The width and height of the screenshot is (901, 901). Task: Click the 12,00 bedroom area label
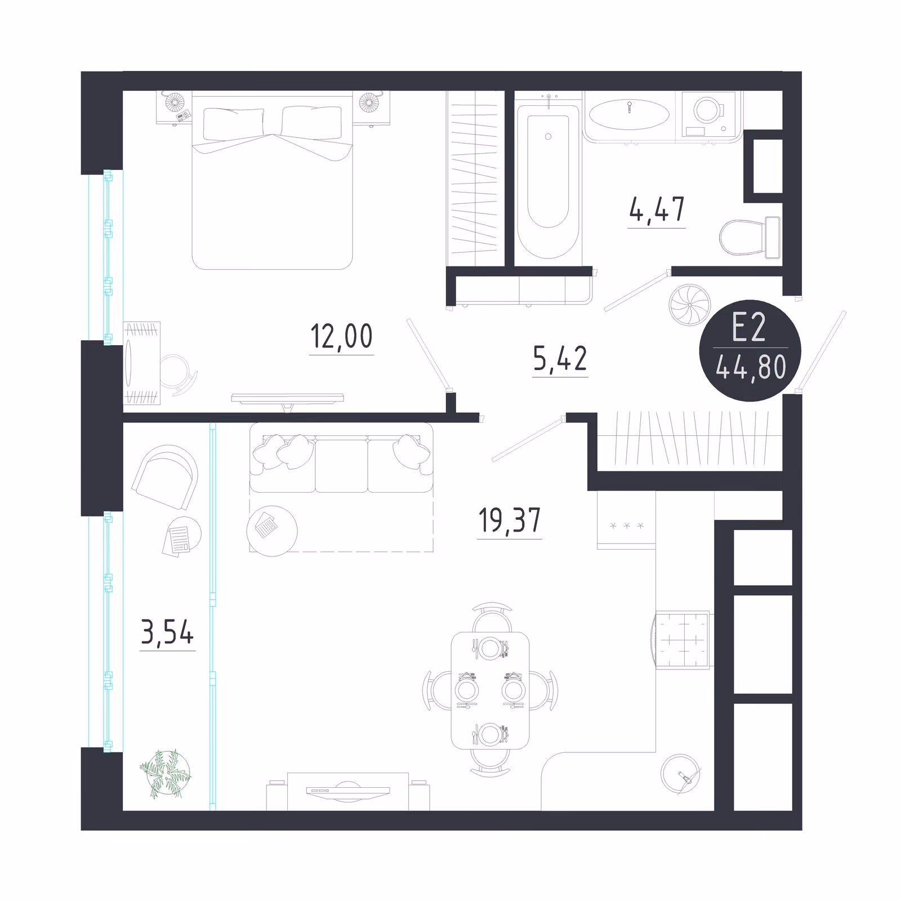342,337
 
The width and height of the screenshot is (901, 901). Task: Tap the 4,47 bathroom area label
657,209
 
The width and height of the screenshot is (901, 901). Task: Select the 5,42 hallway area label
560,359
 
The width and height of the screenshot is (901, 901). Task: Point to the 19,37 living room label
510,520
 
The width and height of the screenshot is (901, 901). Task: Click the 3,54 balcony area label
167,632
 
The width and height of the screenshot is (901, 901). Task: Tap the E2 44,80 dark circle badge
750,351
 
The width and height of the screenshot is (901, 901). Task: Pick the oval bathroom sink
629,115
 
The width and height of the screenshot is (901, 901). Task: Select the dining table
490,690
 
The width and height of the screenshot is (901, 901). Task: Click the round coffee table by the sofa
272,531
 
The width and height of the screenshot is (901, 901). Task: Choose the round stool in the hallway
690,306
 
